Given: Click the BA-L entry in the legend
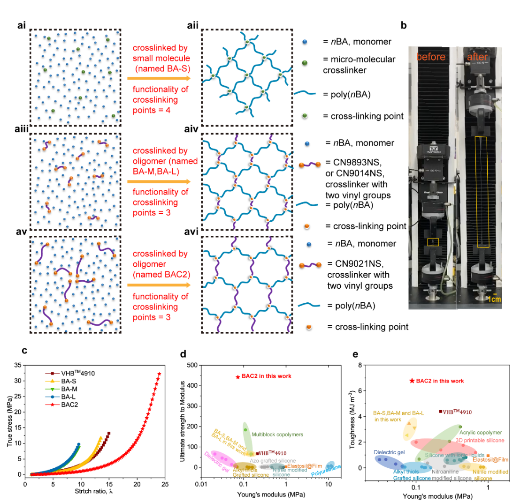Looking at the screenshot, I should [x=67, y=397].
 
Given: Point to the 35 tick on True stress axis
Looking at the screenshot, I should [x=19, y=365].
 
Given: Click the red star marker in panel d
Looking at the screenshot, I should [x=237, y=376].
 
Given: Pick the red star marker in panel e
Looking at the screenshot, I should [x=412, y=381].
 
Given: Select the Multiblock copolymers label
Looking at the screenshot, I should [x=277, y=435].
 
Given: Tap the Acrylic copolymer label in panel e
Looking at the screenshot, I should [x=480, y=433].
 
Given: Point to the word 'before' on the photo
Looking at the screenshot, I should [x=430, y=57].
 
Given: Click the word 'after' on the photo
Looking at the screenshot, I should [x=477, y=57].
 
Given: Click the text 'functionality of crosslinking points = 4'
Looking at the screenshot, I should [x=154, y=100].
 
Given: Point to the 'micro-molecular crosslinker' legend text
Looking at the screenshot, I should [x=359, y=65].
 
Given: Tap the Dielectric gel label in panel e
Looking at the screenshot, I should [x=389, y=453].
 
